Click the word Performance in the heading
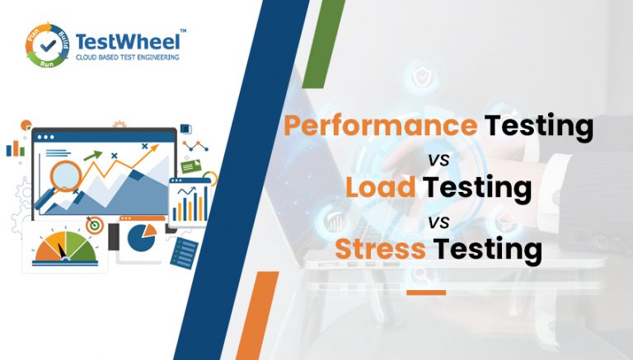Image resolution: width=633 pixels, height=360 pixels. click(x=381, y=126)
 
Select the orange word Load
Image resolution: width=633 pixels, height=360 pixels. click(x=380, y=187)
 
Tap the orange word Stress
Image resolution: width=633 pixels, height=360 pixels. click(x=380, y=249)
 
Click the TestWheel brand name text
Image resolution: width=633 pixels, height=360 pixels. click(x=128, y=42)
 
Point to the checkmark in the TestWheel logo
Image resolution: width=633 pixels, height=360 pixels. click(x=48, y=45)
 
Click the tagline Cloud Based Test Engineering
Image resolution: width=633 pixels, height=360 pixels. click(x=128, y=58)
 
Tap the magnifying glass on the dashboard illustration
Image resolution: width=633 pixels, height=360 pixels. click(x=60, y=182)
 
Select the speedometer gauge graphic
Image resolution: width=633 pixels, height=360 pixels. click(x=66, y=248)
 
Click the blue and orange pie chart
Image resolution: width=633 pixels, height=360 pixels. click(x=142, y=237)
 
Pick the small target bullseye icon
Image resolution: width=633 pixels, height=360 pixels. click(x=95, y=225)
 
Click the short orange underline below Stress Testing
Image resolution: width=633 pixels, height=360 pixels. click(x=426, y=292)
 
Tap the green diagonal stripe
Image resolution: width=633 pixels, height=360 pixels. click(x=323, y=44)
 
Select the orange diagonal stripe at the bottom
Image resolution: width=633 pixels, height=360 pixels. click(x=257, y=316)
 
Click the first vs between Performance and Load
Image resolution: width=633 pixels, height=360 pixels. click(x=438, y=160)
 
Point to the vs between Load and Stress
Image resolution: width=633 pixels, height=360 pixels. click(x=438, y=222)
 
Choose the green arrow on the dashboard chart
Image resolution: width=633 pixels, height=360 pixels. click(x=93, y=156)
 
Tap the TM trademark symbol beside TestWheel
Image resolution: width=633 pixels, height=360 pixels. click(x=183, y=30)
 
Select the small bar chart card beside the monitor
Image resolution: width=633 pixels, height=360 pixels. click(x=190, y=201)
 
